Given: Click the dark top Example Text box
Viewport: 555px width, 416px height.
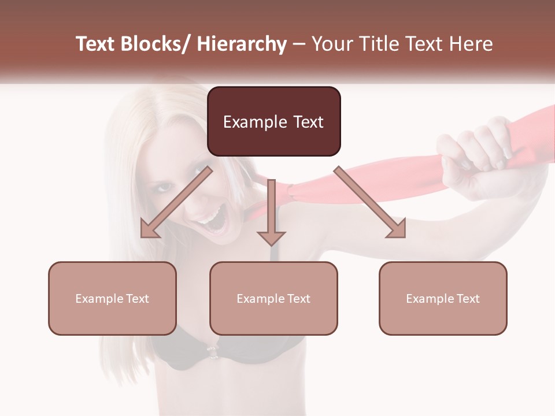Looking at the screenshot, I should point(273,121).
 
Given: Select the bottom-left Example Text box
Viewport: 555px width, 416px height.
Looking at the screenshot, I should point(112,298).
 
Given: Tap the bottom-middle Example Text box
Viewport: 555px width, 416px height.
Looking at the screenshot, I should point(273,298).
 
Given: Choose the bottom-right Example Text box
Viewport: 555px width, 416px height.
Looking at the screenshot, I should point(443,298).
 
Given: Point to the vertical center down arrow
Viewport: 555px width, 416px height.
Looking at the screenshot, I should point(271,214).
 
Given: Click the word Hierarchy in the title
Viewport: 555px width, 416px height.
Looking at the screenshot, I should point(242,44).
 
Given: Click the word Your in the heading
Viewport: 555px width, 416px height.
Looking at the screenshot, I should point(332,44).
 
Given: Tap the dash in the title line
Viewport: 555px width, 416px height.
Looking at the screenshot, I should point(299,44).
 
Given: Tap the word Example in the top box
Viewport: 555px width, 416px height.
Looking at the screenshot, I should point(247,122).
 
